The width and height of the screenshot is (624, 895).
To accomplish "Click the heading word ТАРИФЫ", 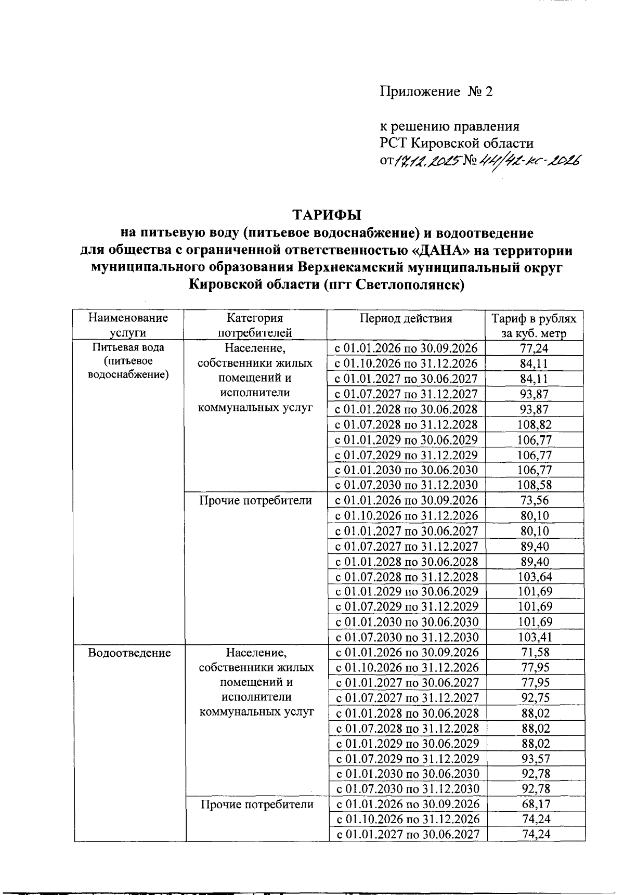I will pos(326,215).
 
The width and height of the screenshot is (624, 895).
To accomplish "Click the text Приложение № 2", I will pos(436,92).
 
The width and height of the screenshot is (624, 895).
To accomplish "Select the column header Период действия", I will pos(406,318).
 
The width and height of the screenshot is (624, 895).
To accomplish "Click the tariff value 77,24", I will pos(535,348).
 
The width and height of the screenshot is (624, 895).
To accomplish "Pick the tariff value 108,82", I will pos(535,424).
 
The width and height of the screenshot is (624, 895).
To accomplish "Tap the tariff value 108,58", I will pos(535,485).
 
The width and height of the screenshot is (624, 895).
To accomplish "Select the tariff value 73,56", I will pos(535,500).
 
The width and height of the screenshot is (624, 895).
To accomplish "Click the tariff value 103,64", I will pos(535,576).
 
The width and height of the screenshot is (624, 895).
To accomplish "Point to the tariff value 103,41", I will pos(535,637).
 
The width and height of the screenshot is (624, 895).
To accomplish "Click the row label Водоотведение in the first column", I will pos(129,653).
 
